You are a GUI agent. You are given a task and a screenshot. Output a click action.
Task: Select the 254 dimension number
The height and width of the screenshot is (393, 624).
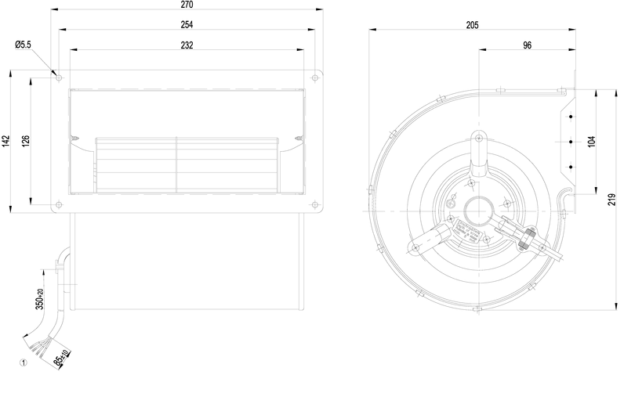pyautogui.click(x=187, y=25)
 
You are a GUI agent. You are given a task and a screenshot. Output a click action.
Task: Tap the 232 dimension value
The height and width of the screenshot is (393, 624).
pyautogui.click(x=187, y=45)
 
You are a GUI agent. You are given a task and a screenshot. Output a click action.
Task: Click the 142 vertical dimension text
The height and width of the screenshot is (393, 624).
pyautogui.click(x=6, y=141)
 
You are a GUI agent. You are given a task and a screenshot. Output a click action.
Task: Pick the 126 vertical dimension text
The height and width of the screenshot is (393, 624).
pyautogui.click(x=26, y=141)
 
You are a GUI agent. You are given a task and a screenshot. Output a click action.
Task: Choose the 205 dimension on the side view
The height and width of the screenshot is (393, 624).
pyautogui.click(x=472, y=25)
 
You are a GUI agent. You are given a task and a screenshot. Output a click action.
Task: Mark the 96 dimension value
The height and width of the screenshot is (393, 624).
pyautogui.click(x=527, y=45)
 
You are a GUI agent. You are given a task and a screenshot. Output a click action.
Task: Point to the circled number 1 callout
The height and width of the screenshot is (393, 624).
pyautogui.click(x=24, y=362)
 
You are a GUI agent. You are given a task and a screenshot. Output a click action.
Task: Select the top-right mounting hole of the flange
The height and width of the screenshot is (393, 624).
pyautogui.click(x=314, y=78)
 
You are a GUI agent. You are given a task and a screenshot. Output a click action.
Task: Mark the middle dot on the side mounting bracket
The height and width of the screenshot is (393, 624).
pyautogui.click(x=571, y=142)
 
